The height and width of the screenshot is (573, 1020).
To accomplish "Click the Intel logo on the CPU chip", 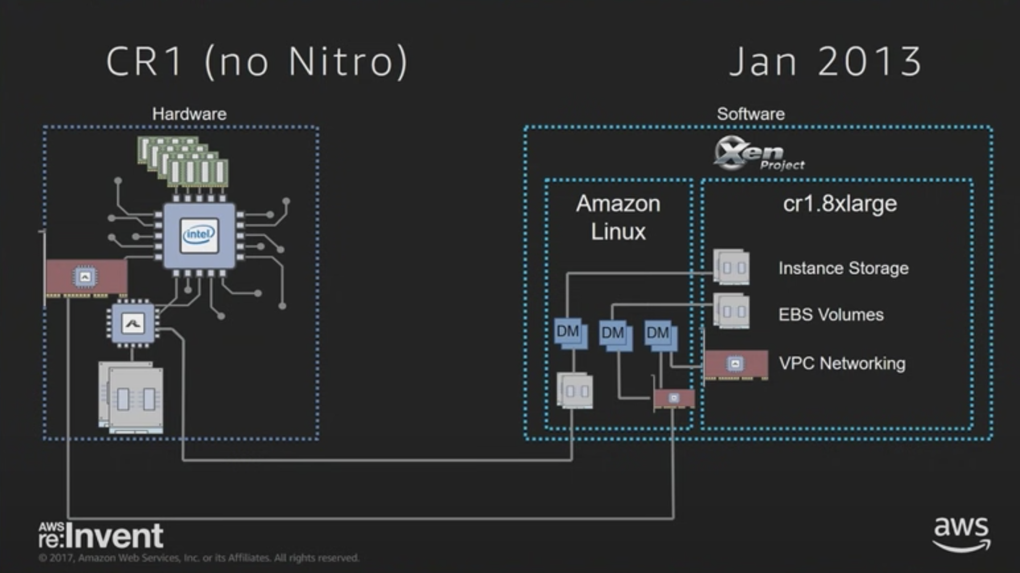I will (x=199, y=235).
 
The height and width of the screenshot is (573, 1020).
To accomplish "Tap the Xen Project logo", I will (x=758, y=154).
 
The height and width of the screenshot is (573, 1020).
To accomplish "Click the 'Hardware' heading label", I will (x=189, y=114).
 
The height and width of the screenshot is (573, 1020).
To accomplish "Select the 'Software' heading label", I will (x=751, y=114).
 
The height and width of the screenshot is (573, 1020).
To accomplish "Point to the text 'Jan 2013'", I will (x=825, y=62).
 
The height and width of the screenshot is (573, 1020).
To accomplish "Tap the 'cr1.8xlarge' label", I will (x=840, y=204).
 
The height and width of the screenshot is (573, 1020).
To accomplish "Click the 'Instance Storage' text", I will (x=843, y=268).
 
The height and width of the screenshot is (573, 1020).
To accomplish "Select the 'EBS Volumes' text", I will (x=831, y=314).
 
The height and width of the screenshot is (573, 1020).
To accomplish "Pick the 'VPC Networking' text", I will (x=842, y=363).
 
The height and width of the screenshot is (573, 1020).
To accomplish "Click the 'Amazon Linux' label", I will (x=618, y=217).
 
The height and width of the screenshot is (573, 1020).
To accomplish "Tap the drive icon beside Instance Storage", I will (x=731, y=267).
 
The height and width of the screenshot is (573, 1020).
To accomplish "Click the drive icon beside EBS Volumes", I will (x=731, y=311).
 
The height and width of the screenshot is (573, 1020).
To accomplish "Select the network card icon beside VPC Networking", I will (x=736, y=364).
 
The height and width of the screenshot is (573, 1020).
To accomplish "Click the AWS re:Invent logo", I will (x=101, y=535).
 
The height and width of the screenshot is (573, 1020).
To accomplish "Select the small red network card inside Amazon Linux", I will (x=674, y=398).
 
